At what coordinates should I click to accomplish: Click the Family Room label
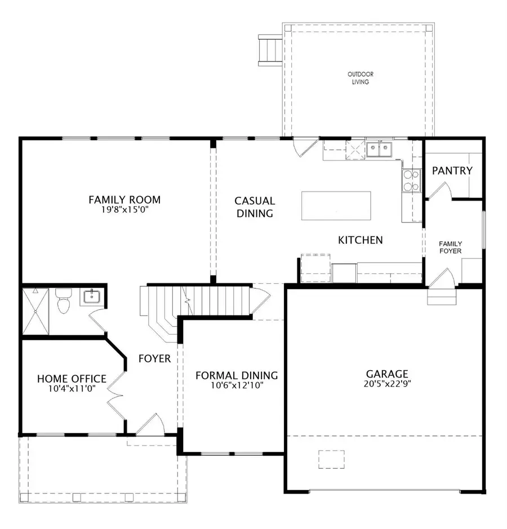coord(124,199)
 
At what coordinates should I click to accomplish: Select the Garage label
coord(386,374)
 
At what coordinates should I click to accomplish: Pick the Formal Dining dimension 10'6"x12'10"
coord(236,386)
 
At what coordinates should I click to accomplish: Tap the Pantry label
coord(452,170)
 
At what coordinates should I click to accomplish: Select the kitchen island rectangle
coord(336,206)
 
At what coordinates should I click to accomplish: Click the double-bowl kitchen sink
coord(380,149)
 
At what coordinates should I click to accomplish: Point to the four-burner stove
coord(411,180)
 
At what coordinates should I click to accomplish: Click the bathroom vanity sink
coord(90,296)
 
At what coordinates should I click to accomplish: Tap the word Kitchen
coord(360,240)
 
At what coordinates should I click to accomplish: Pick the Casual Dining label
coord(255,207)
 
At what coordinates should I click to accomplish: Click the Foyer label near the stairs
coord(154,358)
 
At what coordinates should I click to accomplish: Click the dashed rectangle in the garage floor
coord(331,459)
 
